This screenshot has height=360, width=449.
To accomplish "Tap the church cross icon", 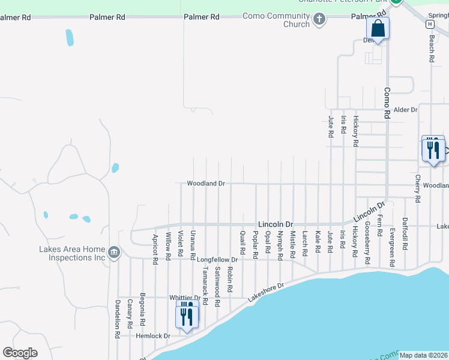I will pyautogui.click(x=319, y=20).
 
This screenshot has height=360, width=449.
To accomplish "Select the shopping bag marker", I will pyautogui.click(x=378, y=28).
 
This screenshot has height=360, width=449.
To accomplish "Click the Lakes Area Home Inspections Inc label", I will pyautogui.click(x=72, y=253).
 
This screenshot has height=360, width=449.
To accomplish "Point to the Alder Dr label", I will pyautogui.click(x=405, y=110).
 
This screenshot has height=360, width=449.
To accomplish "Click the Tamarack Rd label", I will pyautogui.click(x=205, y=285).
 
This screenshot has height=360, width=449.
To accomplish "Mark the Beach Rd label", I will pyautogui.click(x=431, y=49).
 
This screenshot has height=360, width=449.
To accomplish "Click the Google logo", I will pyautogui.click(x=20, y=352).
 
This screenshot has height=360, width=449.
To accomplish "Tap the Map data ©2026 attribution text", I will pyautogui.click(x=423, y=355).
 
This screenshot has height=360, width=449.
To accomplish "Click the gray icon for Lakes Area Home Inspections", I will pyautogui.click(x=114, y=253).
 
